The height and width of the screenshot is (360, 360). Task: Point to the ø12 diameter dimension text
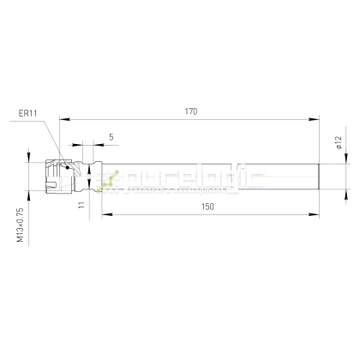[x=339, y=144]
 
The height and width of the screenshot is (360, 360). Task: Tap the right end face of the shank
[x=320, y=177]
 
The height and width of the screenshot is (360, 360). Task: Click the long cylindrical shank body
[x=214, y=177]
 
